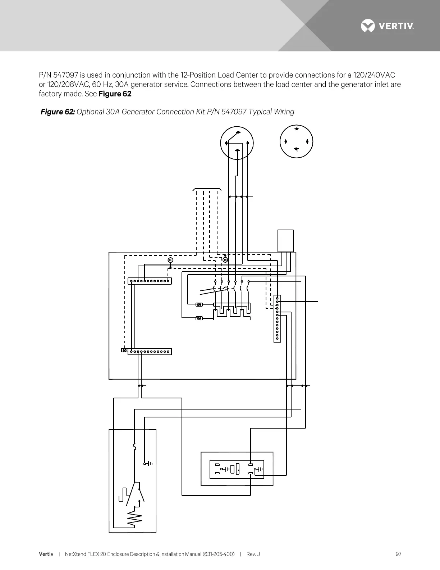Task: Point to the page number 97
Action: (x=398, y=554)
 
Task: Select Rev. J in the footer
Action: (x=253, y=554)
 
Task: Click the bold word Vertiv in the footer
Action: (x=46, y=554)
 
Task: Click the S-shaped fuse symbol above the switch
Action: (x=134, y=447)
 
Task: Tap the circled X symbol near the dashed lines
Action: (x=225, y=260)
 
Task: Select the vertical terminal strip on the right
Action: (x=277, y=318)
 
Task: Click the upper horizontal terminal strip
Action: (x=150, y=281)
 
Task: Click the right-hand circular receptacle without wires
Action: (x=296, y=141)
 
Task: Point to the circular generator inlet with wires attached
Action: (x=237, y=142)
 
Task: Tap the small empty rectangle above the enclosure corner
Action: (x=285, y=241)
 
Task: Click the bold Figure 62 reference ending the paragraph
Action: (x=115, y=94)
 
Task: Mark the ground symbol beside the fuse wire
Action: (x=148, y=463)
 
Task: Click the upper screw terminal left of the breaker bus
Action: (x=199, y=305)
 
